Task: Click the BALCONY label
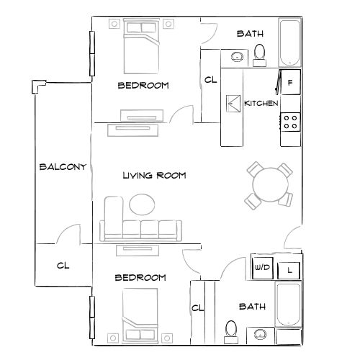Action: point(63,167)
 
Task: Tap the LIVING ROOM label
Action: point(155,175)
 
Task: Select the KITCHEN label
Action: point(261,104)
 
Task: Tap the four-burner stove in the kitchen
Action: point(290,122)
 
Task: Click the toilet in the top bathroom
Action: point(260,52)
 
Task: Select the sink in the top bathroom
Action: point(237,56)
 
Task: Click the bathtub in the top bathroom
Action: point(290,42)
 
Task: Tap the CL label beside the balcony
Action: point(63,265)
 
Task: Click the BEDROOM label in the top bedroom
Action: point(143,85)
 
